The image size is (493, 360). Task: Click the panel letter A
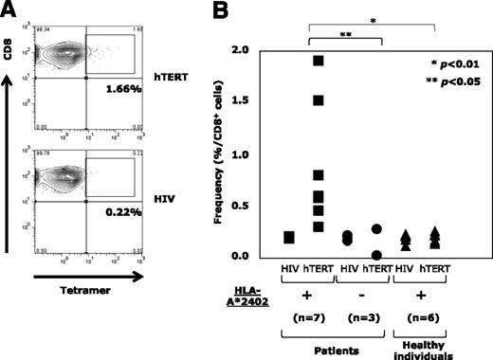pyautogui.click(x=9, y=9)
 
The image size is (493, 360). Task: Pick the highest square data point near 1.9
pyautogui.click(x=319, y=62)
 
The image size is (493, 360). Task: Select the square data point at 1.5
pyautogui.click(x=319, y=100)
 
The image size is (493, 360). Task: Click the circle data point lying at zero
pyautogui.click(x=377, y=255)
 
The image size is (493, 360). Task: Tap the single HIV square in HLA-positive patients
pyautogui.click(x=288, y=237)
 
